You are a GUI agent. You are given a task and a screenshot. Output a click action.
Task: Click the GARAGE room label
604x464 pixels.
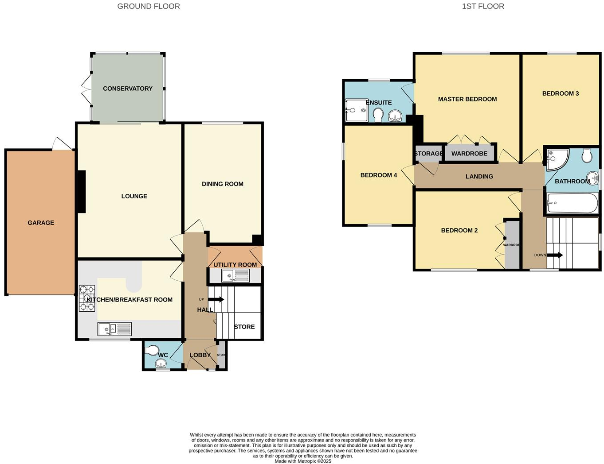tap(41, 223)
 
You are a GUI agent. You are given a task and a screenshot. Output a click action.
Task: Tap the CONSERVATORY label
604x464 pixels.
tap(128, 89)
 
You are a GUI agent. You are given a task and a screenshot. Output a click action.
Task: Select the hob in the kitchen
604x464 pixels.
tap(87, 298)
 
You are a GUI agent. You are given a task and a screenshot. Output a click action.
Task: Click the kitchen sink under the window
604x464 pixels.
tap(114, 329)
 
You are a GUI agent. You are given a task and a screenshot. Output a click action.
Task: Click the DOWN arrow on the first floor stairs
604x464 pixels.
tap(555, 255)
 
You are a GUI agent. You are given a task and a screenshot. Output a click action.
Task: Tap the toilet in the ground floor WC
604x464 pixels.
tap(152, 350)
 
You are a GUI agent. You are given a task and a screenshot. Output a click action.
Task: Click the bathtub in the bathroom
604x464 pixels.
tap(572, 203)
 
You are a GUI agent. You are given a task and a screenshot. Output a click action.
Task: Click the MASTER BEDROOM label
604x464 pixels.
tap(467, 99)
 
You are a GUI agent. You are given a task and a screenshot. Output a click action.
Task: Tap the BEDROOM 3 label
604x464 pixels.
tap(561, 93)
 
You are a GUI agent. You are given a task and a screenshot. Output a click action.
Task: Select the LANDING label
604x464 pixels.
tap(479, 176)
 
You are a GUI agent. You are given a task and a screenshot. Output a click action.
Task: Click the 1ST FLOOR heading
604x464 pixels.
tap(483, 6)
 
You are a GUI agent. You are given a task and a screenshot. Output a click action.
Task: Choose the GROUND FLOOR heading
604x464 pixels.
tap(149, 6)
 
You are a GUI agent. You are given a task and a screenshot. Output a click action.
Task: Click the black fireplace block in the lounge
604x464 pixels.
tap(82, 192)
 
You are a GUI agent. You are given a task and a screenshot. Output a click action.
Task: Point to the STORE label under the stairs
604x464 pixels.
tap(244, 327)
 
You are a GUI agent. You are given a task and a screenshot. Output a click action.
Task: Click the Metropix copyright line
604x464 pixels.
tap(303, 461)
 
